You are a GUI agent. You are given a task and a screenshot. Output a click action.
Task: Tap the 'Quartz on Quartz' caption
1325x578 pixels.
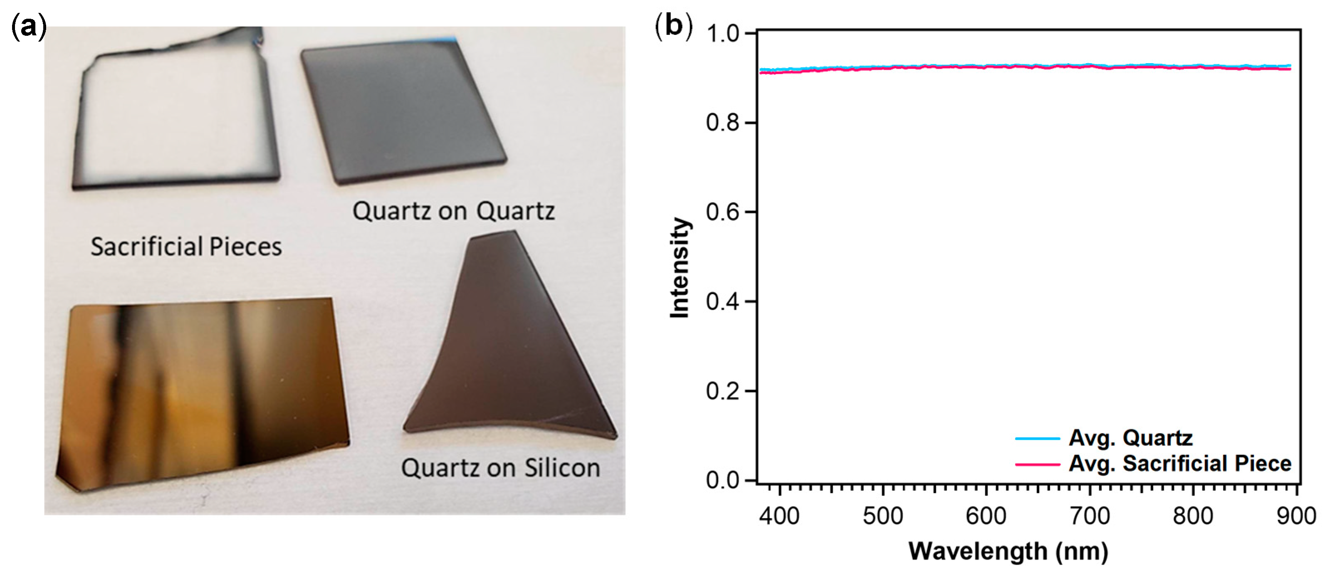pyautogui.click(x=454, y=211)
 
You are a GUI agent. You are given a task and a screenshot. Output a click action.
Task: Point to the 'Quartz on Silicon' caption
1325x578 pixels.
pyautogui.click(x=500, y=468)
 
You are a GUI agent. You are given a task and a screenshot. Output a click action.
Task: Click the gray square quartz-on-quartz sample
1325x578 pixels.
pyautogui.click(x=401, y=111)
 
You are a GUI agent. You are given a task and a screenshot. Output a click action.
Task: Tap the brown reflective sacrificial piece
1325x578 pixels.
pyautogui.click(x=200, y=391)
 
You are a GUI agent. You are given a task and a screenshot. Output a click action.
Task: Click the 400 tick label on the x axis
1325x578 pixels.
pyautogui.click(x=780, y=516)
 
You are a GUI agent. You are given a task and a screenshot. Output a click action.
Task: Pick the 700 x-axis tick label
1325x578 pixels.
pyautogui.click(x=1090, y=516)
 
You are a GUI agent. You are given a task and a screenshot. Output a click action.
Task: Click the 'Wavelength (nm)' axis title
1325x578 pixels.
pyautogui.click(x=1008, y=551)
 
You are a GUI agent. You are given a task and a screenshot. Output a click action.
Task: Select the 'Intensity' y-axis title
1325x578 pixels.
pyautogui.click(x=680, y=267)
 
